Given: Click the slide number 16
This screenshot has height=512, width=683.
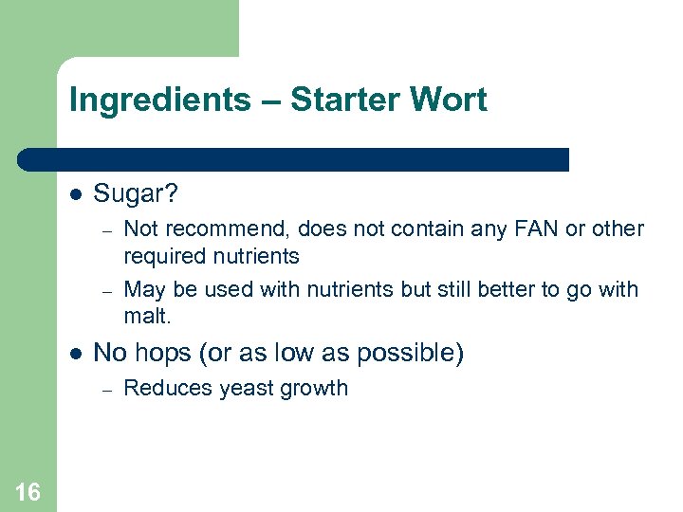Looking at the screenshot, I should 28,491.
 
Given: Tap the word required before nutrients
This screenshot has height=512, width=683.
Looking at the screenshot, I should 163,256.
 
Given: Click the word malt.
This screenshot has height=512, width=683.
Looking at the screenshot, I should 145,315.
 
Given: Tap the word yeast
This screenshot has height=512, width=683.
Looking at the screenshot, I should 233,388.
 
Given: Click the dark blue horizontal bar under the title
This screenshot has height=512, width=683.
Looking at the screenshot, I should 294,159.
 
